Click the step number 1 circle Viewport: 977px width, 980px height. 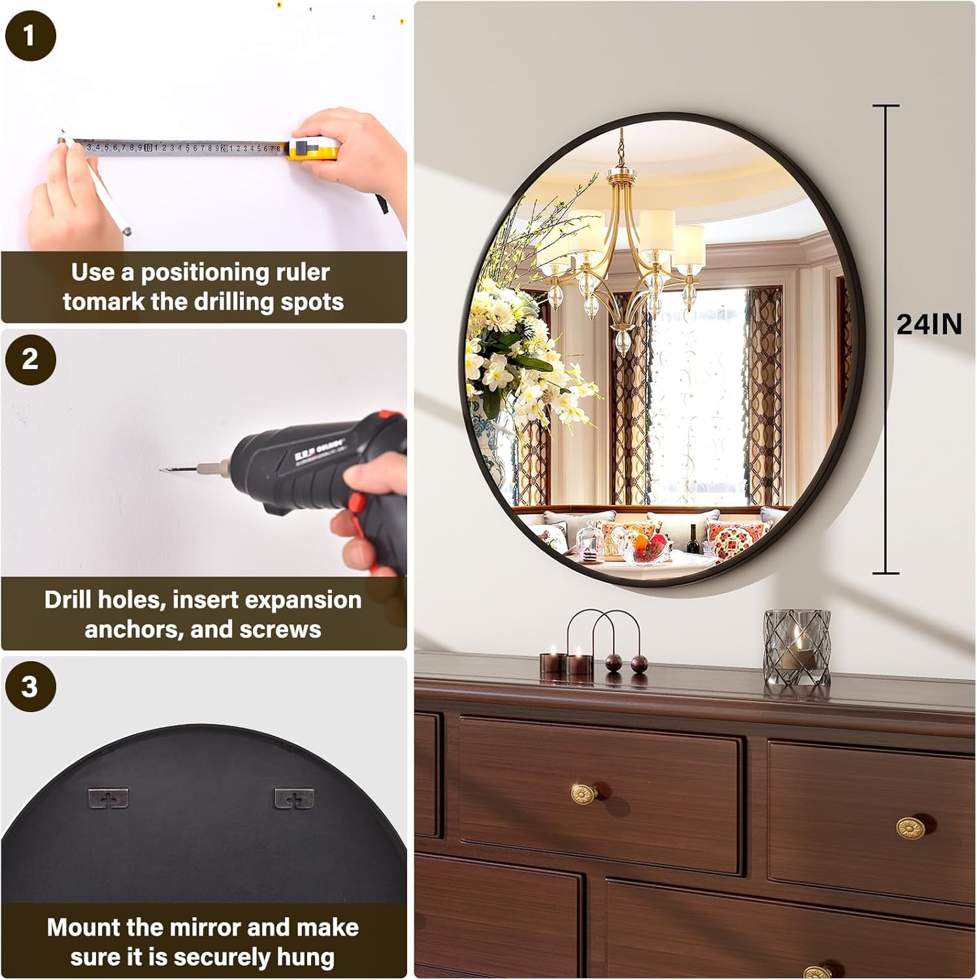(x=30, y=35)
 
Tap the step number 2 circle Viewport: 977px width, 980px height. (x=30, y=359)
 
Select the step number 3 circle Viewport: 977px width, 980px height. (x=30, y=687)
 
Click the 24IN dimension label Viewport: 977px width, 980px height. (x=929, y=325)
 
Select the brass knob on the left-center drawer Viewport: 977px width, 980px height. (x=582, y=795)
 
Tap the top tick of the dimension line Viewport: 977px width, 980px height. (x=886, y=106)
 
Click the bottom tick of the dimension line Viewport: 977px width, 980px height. (x=886, y=573)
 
